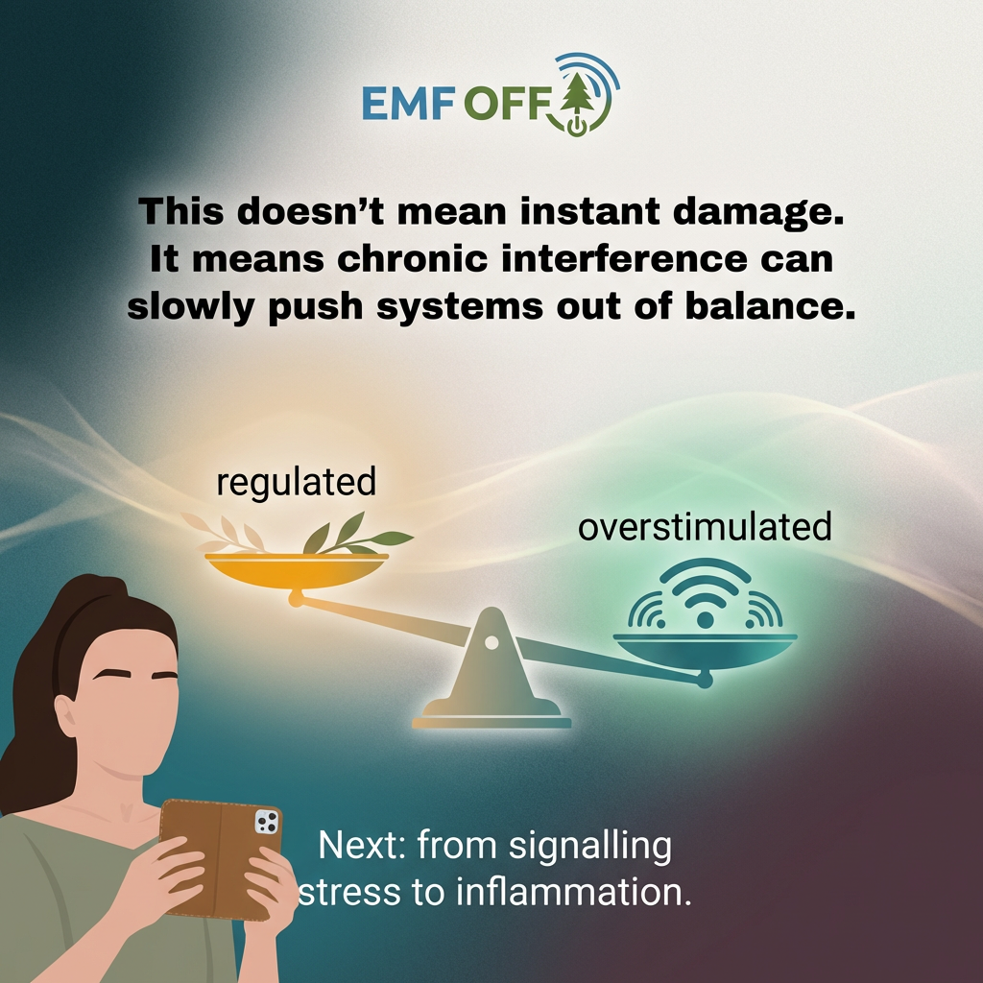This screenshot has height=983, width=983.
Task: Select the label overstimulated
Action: tap(705, 527)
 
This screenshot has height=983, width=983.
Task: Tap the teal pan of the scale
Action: tap(705, 648)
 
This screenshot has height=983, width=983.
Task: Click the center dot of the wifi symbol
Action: tap(705, 620)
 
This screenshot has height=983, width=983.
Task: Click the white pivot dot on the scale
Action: tap(491, 641)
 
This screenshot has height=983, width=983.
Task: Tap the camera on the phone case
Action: tap(266, 822)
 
